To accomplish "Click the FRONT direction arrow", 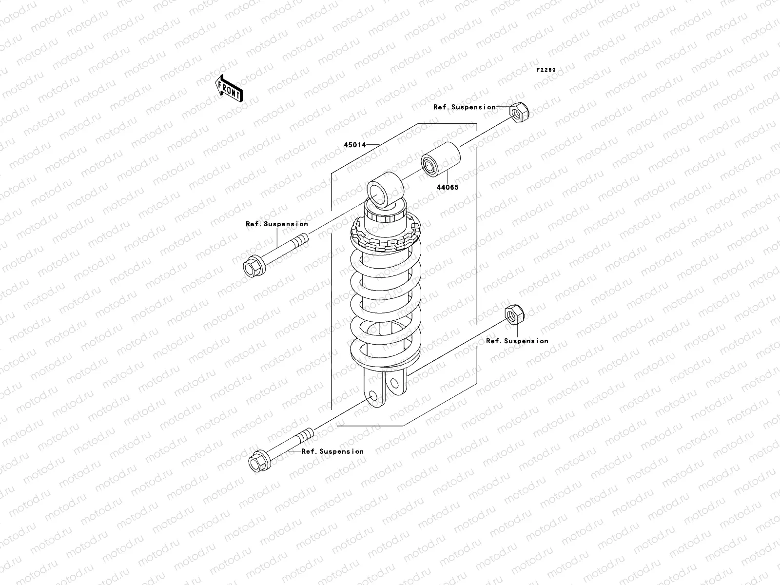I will click(x=229, y=88).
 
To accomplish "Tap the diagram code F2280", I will click(x=546, y=70).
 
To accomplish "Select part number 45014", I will click(x=355, y=145).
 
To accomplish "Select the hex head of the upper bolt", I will click(x=253, y=267).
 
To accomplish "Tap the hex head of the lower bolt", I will click(x=258, y=462).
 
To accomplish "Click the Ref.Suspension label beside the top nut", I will click(x=464, y=107).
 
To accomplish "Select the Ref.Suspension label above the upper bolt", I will click(x=276, y=224).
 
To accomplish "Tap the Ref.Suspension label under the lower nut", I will click(x=517, y=341).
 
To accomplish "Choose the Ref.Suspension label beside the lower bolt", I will click(x=332, y=451).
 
